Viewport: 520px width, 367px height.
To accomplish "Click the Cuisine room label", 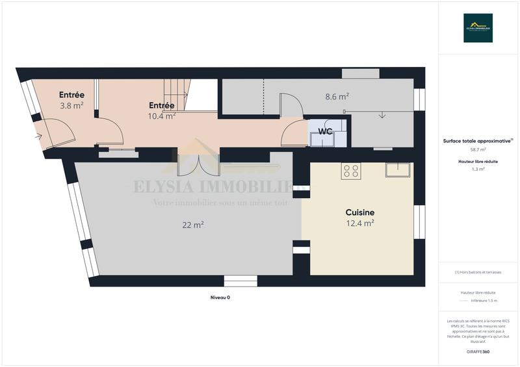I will point(359,212).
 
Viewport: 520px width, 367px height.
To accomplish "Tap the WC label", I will point(325,132).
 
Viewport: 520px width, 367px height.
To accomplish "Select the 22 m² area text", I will point(194,225).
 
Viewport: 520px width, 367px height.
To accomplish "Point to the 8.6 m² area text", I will point(337,96).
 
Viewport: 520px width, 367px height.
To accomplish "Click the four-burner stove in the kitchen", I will point(352,171).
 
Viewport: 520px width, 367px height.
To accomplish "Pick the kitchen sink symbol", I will point(397,169).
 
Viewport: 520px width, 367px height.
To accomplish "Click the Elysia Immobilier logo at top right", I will point(478,28).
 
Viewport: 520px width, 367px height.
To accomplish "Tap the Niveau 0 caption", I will point(220,297).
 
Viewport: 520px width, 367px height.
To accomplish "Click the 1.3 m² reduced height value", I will point(478,169).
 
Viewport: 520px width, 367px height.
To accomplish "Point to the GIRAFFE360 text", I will point(478,351).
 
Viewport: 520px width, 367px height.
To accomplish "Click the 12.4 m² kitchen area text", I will point(359,223).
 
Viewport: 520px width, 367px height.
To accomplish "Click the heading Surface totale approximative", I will point(476,140).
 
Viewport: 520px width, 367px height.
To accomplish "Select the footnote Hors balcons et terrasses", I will point(478,272).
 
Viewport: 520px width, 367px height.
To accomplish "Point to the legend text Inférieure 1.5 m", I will point(484,301).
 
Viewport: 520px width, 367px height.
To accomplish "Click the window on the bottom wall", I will point(240,281).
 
